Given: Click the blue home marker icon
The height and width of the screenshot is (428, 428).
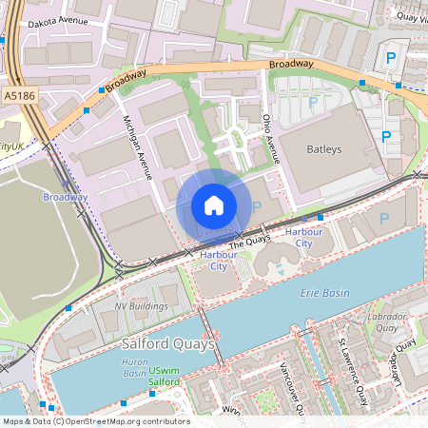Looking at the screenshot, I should pyautogui.click(x=214, y=205).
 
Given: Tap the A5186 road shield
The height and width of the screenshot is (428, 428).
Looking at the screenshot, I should pyautogui.click(x=18, y=96).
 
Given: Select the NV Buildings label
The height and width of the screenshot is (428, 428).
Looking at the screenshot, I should pyautogui.click(x=141, y=306).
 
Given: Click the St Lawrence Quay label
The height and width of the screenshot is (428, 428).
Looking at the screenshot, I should pyautogui.click(x=354, y=367).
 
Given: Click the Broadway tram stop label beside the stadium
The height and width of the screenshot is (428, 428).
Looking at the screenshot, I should pyautogui.click(x=65, y=197).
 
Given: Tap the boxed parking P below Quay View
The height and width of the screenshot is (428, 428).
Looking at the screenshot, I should pyautogui.click(x=392, y=59).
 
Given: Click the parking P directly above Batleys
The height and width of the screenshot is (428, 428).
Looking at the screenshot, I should pyautogui.click(x=313, y=102).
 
